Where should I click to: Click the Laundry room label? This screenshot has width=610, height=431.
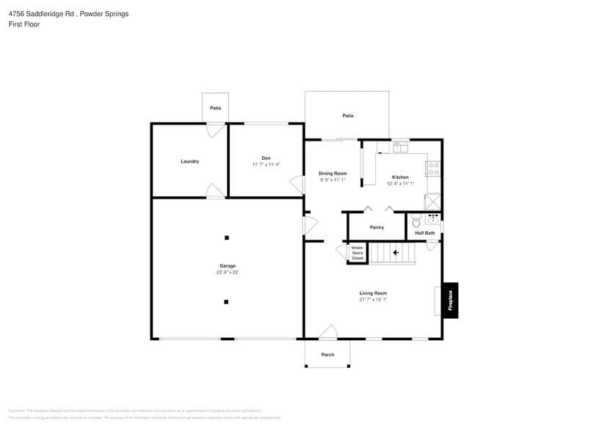(x=189, y=161)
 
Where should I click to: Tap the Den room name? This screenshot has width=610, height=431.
(x=266, y=158)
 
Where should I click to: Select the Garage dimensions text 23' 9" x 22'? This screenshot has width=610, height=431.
(x=227, y=273)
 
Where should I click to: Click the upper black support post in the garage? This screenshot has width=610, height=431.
(x=227, y=237)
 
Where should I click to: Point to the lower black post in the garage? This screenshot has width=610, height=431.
(x=227, y=301)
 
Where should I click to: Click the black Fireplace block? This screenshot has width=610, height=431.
(x=450, y=301)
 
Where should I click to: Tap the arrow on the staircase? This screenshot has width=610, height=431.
(x=396, y=253)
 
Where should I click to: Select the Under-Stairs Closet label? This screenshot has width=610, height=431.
(x=357, y=253)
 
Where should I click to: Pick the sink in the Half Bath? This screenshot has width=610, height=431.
(x=433, y=218)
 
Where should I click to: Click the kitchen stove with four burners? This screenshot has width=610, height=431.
(x=433, y=169)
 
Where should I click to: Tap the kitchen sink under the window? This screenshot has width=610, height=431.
(x=400, y=147)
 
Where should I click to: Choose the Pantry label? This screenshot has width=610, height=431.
(x=377, y=227)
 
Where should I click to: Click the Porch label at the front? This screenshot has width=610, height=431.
(x=327, y=355)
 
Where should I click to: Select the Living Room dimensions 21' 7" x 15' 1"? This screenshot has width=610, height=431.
(x=373, y=299)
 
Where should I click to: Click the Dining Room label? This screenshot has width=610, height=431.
(x=333, y=174)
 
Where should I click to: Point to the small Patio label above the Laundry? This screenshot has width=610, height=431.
(x=215, y=108)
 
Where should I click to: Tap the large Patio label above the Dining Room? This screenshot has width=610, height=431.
(x=348, y=116)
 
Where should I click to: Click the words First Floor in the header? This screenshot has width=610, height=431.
(x=24, y=24)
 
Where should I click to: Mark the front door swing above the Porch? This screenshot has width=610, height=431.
(x=328, y=332)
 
